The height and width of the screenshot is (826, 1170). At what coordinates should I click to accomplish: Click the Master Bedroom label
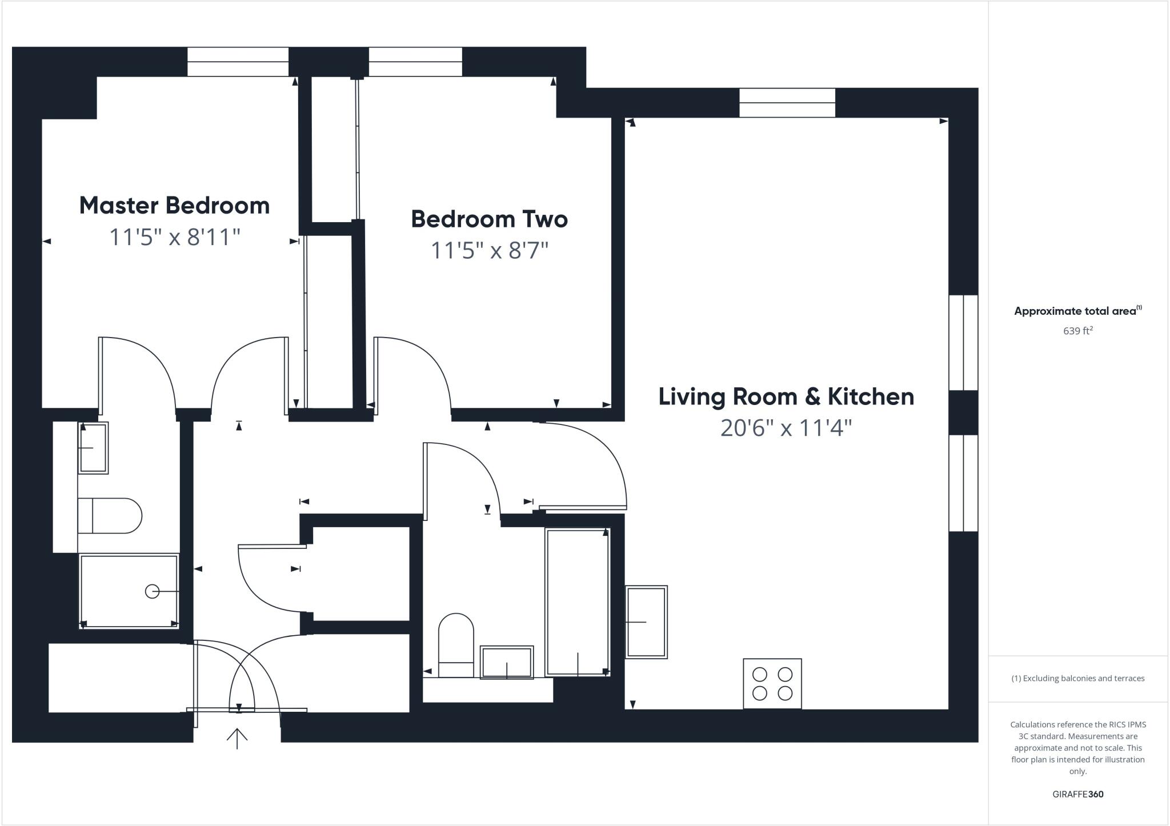click(174, 206)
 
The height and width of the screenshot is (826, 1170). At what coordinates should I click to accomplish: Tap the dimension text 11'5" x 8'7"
click(489, 250)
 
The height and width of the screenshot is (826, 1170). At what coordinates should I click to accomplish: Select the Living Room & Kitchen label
click(786, 397)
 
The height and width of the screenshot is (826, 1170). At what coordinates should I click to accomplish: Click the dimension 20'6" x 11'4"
click(786, 428)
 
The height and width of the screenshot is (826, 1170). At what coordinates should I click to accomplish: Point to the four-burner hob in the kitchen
click(772, 683)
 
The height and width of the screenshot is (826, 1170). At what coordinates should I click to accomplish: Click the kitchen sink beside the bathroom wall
click(646, 621)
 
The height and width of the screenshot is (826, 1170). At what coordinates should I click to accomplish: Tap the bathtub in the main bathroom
click(578, 602)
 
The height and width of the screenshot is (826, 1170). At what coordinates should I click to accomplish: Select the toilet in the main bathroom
click(456, 644)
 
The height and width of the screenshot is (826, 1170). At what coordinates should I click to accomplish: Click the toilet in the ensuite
click(110, 516)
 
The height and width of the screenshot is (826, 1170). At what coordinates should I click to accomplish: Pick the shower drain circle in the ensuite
click(152, 591)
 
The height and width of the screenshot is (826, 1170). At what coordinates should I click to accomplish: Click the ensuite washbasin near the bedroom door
click(93, 448)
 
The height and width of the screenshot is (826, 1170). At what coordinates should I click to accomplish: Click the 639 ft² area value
click(1077, 331)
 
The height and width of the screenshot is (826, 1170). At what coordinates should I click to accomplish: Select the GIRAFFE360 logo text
click(1077, 794)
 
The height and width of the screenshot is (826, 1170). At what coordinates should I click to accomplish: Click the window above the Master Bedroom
click(238, 62)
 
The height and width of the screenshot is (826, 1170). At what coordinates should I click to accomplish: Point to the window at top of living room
click(787, 103)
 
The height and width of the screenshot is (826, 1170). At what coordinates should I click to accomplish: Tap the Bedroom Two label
click(489, 219)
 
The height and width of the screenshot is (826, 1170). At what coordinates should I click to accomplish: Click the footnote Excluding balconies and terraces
click(1077, 679)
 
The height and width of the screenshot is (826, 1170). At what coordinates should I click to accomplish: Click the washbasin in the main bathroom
click(507, 662)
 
